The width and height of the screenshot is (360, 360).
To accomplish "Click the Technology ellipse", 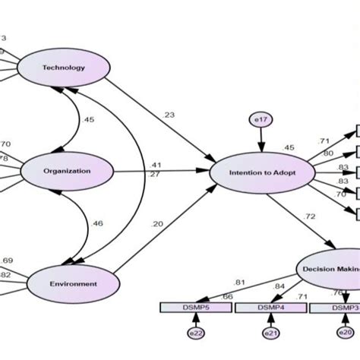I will pyautogui.click(x=64, y=67).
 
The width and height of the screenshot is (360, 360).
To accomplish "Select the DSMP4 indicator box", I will pyautogui.click(x=270, y=307).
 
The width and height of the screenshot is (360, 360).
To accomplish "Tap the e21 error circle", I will pyautogui.click(x=270, y=333).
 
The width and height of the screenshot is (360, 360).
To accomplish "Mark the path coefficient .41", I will pyautogui.click(x=177, y=164).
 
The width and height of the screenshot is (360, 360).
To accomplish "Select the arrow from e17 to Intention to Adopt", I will pyautogui.click(x=261, y=141).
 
